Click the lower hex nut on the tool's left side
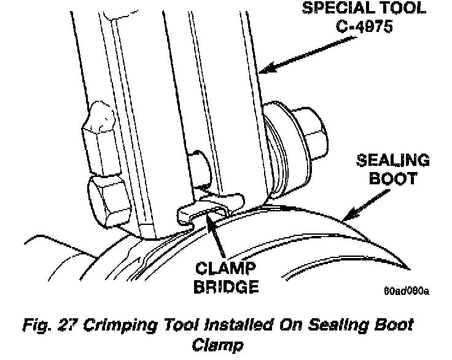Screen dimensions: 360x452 108,198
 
